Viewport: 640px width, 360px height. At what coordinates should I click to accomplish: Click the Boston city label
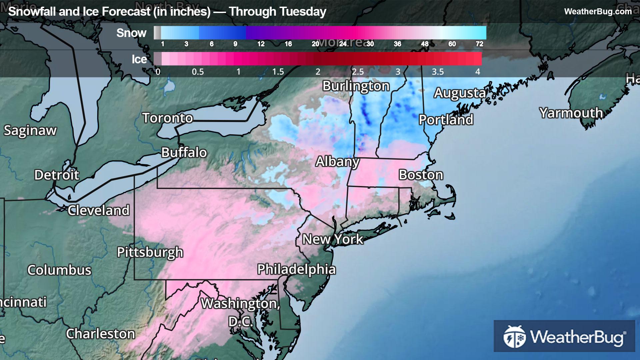pyautogui.click(x=421, y=175)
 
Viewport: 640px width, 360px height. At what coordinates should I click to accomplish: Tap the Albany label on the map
pyautogui.click(x=337, y=162)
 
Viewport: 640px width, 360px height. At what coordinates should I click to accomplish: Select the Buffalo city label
pyautogui.click(x=184, y=153)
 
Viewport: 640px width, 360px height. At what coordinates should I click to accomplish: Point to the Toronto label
pyautogui.click(x=168, y=118)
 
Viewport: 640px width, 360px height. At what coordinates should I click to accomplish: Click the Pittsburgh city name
pyautogui.click(x=150, y=252)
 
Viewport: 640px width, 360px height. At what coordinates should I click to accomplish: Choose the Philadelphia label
pyautogui.click(x=296, y=269)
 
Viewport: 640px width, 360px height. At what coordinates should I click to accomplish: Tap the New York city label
pyautogui.click(x=332, y=239)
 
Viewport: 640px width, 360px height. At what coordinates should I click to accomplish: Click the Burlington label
pyautogui.click(x=356, y=86)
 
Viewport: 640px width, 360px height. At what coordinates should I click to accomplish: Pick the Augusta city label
pyautogui.click(x=460, y=93)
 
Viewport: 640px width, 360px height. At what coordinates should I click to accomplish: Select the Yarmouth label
pyautogui.click(x=571, y=113)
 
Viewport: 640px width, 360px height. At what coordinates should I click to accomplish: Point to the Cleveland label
pyautogui.click(x=99, y=210)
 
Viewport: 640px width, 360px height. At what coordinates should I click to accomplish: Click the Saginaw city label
pyautogui.click(x=30, y=131)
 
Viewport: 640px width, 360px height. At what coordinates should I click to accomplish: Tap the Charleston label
pyautogui.click(x=100, y=334)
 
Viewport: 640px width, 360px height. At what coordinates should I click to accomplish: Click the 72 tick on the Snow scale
pyautogui.click(x=479, y=44)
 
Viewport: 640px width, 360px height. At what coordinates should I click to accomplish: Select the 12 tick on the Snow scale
pyautogui.click(x=261, y=44)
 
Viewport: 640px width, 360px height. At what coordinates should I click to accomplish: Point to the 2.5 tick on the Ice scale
pyautogui.click(x=358, y=72)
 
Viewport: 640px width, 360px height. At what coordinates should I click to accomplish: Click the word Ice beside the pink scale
pyautogui.click(x=139, y=59)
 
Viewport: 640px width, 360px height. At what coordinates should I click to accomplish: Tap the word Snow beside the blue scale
pyautogui.click(x=131, y=33)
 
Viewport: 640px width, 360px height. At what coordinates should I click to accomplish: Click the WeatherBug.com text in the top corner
pyautogui.click(x=598, y=11)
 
